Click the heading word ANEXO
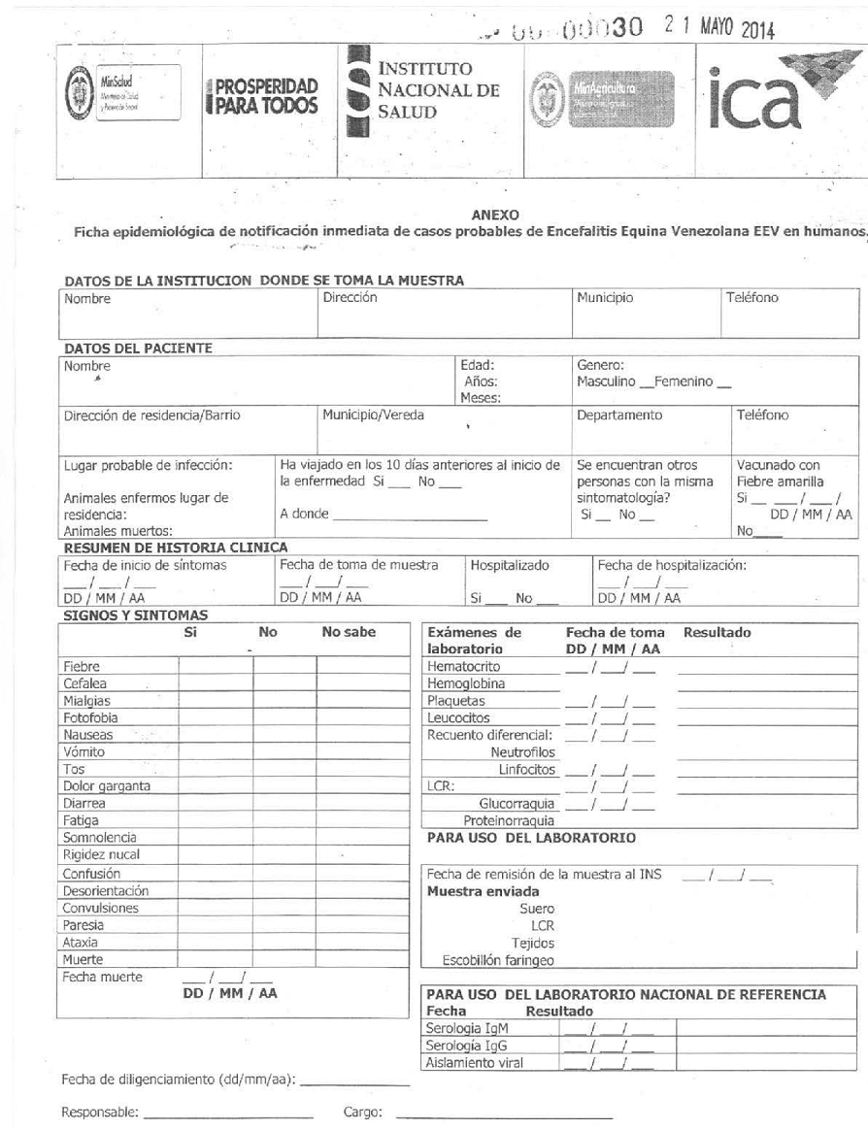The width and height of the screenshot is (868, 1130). point(494,215)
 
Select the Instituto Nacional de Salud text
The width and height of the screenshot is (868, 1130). point(439,91)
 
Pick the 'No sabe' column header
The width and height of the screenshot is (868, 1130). point(349,632)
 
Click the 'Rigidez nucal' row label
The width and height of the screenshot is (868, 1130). point(101,855)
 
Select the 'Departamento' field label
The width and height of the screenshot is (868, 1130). point(619,415)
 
